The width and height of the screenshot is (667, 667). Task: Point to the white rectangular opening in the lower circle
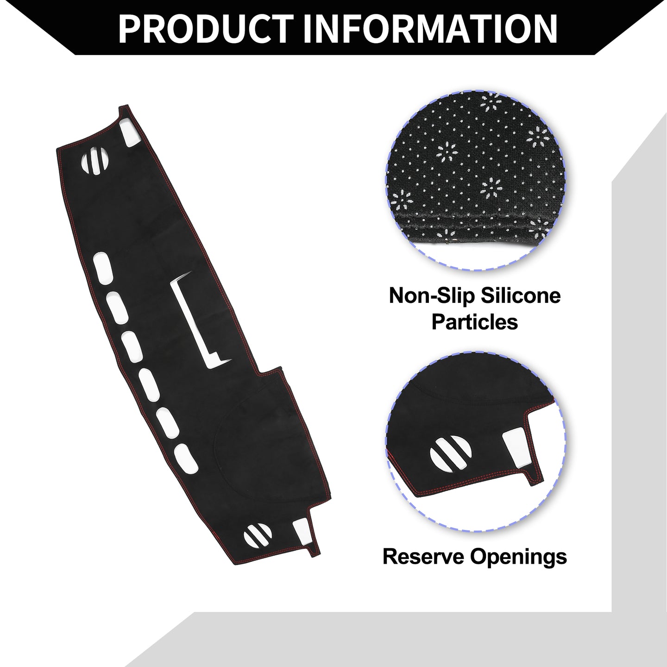516,447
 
